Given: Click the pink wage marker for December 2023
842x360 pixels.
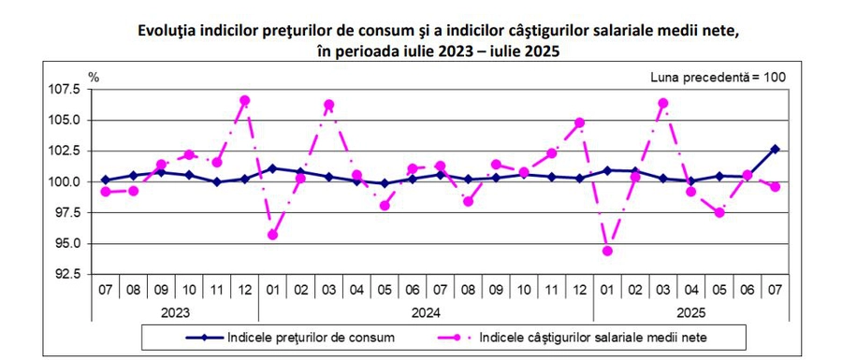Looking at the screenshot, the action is coord(245,100).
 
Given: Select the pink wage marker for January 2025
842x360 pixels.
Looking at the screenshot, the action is coord(607,251).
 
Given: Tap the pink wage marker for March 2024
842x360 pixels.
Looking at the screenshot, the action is coord(328,104).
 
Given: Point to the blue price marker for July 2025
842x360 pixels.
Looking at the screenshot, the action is coord(775,149).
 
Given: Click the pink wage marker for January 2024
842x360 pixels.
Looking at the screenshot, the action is coord(273,235).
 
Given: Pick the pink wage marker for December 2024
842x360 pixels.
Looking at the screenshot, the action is coord(579,122).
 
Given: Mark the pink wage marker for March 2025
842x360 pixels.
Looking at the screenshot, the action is coord(663,103).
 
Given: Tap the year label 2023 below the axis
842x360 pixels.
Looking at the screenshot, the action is coord(175,312).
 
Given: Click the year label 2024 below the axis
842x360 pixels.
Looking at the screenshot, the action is coord(427,312).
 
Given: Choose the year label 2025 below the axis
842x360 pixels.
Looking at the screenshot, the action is coord(691,312).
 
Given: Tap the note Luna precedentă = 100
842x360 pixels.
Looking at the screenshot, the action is coord(718,78).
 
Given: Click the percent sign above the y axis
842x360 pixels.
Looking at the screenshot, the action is coord(94,78).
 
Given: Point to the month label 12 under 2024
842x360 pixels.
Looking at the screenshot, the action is coord(579,291).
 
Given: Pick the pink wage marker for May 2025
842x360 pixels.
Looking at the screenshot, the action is coord(719,212).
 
